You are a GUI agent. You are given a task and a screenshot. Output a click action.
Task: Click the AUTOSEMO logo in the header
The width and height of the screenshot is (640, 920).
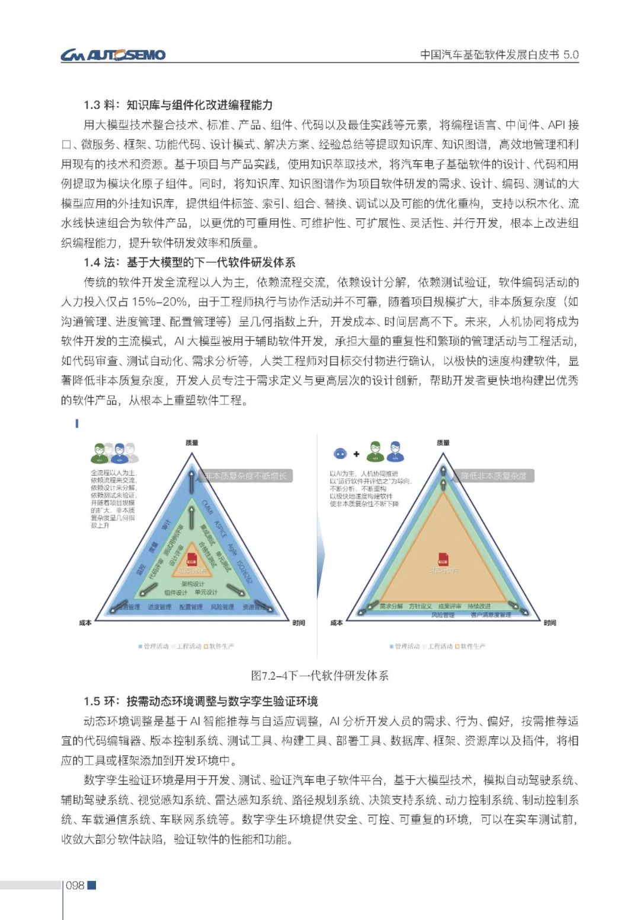click(x=113, y=55)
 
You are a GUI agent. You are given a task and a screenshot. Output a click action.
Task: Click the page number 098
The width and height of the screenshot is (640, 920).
click(x=75, y=886)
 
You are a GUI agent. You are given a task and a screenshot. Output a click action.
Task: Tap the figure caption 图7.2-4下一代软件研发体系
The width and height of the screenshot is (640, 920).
click(x=320, y=676)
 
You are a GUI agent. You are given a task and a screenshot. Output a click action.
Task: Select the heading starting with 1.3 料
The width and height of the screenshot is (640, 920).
click(x=178, y=105)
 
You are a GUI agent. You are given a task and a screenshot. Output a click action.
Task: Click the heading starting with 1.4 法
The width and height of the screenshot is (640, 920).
click(x=189, y=262)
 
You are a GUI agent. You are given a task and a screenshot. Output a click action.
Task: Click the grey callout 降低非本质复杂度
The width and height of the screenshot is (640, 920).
click(x=493, y=476)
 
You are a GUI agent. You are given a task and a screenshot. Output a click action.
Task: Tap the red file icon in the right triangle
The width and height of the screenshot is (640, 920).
click(x=443, y=559)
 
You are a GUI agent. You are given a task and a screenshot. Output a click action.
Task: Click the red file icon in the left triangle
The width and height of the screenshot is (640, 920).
click(x=191, y=559)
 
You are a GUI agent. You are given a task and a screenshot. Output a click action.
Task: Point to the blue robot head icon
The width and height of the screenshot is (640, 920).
click(x=340, y=454)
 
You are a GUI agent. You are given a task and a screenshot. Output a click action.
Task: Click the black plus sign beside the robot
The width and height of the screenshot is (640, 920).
click(x=356, y=454)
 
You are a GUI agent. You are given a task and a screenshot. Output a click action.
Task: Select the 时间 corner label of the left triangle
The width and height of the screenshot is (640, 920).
click(x=299, y=623)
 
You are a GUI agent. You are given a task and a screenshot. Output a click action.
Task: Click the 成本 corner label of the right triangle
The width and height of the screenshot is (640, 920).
click(x=336, y=623)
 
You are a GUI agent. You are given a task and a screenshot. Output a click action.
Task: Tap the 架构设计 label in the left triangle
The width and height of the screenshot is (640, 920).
click(x=193, y=584)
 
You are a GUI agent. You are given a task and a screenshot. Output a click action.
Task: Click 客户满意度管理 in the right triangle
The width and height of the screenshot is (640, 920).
click(x=491, y=615)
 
